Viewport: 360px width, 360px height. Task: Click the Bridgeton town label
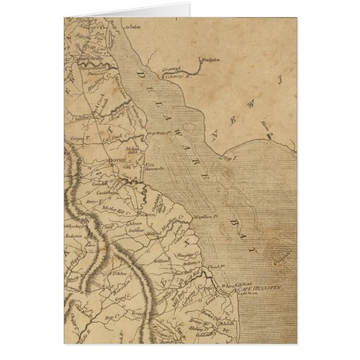pyautogui.click(x=210, y=59)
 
